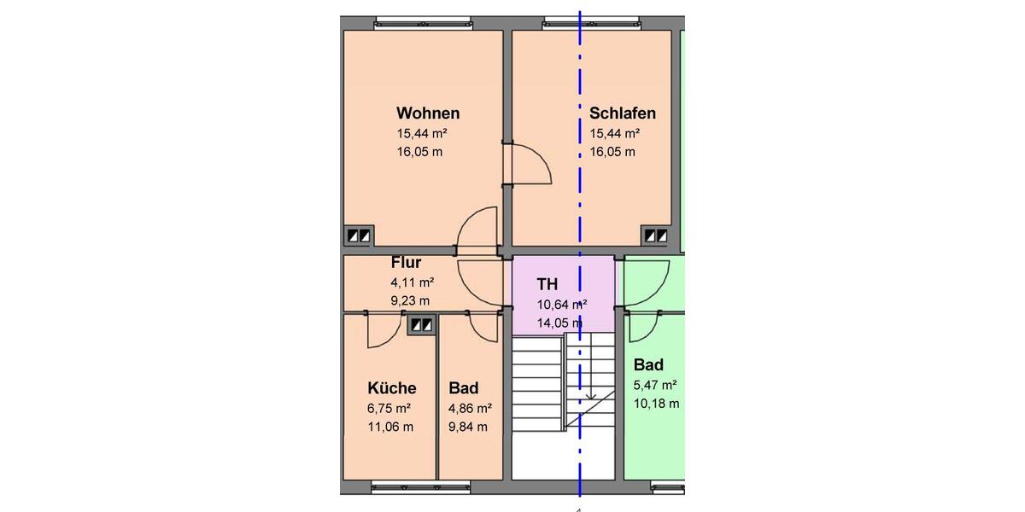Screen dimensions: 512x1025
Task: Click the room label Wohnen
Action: [428, 113]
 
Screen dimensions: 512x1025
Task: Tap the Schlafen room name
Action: [623, 113]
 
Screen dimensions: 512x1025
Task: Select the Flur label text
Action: [406, 263]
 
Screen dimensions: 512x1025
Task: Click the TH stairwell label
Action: [547, 284]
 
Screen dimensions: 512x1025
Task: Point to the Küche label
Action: [392, 388]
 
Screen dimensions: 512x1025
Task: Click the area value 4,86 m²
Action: [470, 408]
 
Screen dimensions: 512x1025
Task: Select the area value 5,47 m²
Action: [655, 385]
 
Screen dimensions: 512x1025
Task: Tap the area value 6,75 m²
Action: [389, 408]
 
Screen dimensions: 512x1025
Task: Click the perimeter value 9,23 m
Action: [410, 300]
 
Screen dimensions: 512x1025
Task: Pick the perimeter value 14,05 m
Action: [559, 323]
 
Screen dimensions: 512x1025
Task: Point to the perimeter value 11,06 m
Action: [390, 427]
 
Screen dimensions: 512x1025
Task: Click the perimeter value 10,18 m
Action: [657, 404]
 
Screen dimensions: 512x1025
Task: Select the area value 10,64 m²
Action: [561, 304]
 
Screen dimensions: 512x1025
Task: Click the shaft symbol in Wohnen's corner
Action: [357, 236]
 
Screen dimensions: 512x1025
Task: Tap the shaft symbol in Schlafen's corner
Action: [656, 236]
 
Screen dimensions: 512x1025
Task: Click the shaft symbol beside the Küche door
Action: [420, 324]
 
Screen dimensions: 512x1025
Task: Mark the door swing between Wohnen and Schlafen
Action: [529, 164]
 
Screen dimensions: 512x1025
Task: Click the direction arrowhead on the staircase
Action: [589, 396]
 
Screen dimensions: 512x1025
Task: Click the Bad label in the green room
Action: [648, 365]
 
